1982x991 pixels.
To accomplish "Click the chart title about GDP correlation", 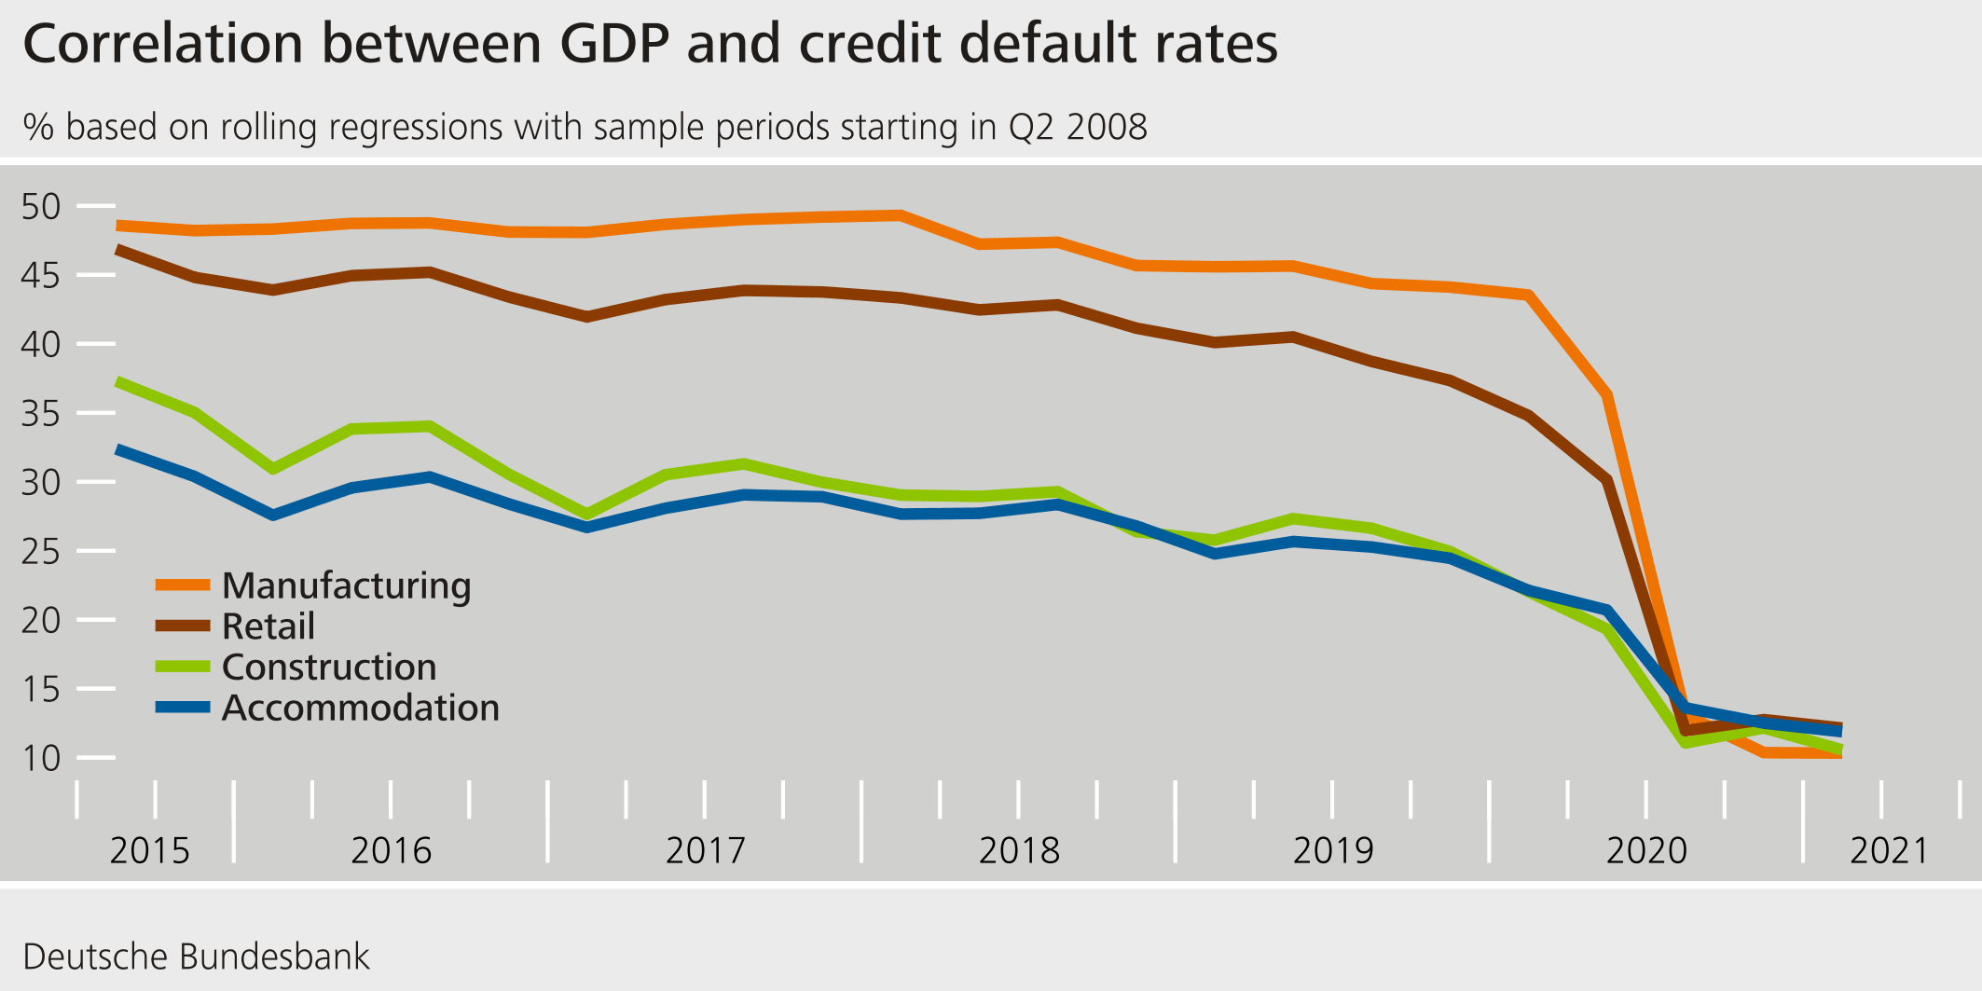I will [650, 44].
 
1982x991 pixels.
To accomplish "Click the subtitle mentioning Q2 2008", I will [585, 127].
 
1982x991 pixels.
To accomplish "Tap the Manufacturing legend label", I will [346, 585].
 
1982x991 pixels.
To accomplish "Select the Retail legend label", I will [268, 626].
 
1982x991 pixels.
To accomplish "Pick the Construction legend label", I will [329, 668].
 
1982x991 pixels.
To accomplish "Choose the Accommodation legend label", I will [360, 709].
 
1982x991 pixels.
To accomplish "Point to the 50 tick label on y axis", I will [40, 206].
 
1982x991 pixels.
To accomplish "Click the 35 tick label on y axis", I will [40, 413].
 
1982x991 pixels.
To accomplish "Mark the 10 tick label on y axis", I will [40, 758].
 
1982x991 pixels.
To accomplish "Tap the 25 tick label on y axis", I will [40, 551].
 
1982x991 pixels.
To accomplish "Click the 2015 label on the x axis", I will [149, 850].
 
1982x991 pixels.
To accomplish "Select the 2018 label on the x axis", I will [1019, 850].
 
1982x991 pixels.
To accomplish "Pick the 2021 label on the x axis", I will [1889, 850].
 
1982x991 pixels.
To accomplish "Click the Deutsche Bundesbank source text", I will [196, 957].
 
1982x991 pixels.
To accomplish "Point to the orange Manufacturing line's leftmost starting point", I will [117, 226].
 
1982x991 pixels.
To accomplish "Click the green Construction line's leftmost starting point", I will [117, 381].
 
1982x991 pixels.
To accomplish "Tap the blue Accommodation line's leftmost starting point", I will [117, 449].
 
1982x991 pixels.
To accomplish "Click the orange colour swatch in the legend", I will [183, 585].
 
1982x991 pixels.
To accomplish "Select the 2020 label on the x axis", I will [1646, 850].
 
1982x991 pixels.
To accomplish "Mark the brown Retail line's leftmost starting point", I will [117, 250].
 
